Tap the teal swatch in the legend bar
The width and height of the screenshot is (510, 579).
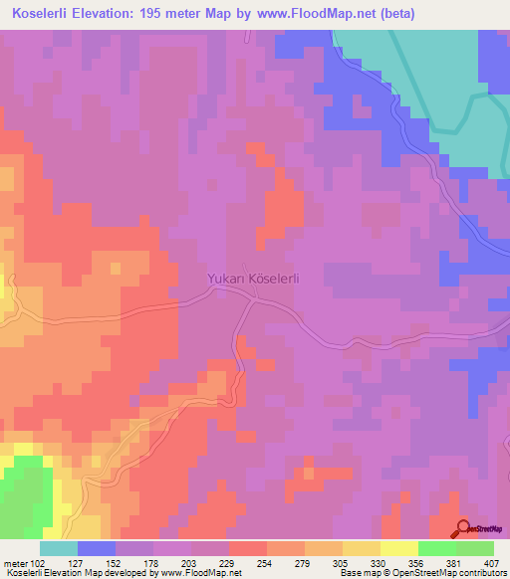pos(59,548)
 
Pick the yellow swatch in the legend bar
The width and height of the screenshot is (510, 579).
pos(398,548)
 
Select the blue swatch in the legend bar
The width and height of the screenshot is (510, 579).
pos(97,548)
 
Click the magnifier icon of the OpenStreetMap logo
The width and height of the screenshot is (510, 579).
pos(462,528)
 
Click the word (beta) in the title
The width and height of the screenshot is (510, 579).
pos(394,14)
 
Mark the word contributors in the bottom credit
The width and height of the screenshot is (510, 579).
pos(481,573)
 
